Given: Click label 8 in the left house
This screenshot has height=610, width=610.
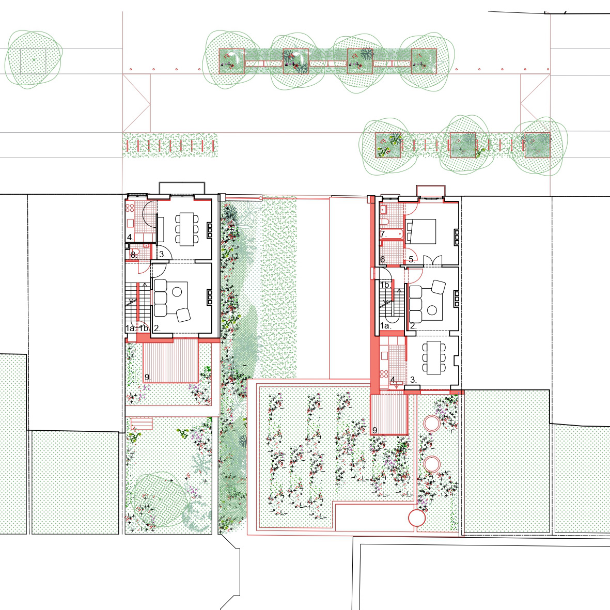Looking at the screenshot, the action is click(133, 255).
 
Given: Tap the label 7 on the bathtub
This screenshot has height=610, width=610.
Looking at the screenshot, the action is click(383, 234).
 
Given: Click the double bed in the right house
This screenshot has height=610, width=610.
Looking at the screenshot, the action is click(420, 231).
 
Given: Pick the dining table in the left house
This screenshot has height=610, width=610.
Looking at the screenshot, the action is click(187, 229).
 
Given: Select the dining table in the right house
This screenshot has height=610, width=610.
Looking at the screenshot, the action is click(434, 357).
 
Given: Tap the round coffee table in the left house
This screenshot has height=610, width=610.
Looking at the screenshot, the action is click(177, 291).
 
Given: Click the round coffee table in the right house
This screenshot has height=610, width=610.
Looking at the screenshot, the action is click(432, 310).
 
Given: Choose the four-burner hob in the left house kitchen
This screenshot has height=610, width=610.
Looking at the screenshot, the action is click(130, 208).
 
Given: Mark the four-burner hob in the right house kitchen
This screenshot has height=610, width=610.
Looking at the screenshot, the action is click(384, 374).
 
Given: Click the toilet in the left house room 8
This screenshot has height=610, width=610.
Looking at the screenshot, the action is click(135, 251).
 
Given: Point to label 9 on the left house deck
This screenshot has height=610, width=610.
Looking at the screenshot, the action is click(148, 377).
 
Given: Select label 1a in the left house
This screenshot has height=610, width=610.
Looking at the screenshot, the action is click(131, 328).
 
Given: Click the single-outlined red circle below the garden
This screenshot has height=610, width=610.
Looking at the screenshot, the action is click(417, 518).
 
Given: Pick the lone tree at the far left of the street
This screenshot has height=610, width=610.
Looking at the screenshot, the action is click(34, 59).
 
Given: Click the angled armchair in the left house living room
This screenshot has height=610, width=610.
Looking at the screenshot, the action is click(183, 315).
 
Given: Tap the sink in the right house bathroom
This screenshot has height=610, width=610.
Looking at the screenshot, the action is click(383, 210).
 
